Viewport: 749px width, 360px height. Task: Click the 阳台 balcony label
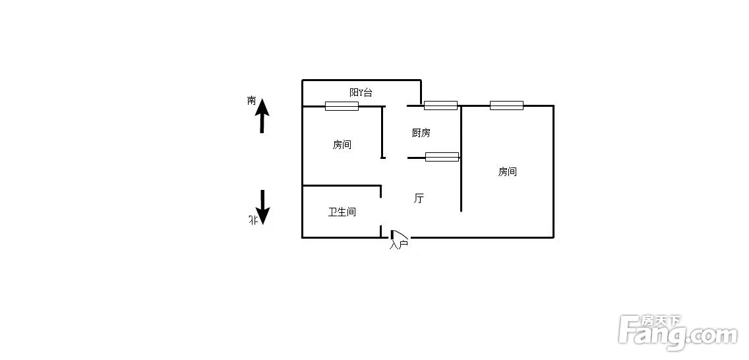[361, 92]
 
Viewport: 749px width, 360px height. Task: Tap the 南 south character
[252, 101]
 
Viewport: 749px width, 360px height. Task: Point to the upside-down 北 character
[253, 220]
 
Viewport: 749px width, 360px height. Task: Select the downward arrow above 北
[262, 207]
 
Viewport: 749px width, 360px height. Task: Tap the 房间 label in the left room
[342, 144]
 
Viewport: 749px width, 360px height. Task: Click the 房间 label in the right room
[507, 172]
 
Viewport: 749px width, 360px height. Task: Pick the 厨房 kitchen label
[421, 133]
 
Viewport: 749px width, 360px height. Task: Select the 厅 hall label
[419, 198]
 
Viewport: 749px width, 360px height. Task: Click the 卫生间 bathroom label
[342, 212]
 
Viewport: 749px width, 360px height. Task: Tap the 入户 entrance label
[398, 245]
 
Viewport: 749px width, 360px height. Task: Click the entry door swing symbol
[400, 235]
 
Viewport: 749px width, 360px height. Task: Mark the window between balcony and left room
[342, 106]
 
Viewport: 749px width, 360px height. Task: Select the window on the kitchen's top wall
[440, 105]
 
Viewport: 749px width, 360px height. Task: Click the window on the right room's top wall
[506, 105]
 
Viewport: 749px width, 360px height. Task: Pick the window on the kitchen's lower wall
[442, 157]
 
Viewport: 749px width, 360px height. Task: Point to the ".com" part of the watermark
[711, 336]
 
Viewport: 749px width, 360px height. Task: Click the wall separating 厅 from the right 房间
[461, 158]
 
